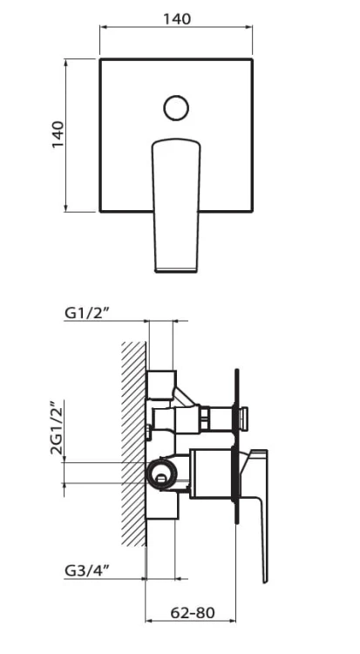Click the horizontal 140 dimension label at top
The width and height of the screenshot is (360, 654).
click(x=176, y=19)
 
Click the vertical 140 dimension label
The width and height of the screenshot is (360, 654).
click(x=58, y=134)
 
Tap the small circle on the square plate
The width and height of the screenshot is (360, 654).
click(x=176, y=108)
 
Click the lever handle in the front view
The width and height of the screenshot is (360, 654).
click(x=176, y=205)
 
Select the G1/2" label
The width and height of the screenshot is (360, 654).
click(x=87, y=313)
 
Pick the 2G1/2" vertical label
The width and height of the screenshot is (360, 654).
click(x=58, y=427)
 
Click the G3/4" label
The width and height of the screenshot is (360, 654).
click(x=87, y=570)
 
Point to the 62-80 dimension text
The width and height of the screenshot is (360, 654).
click(x=193, y=613)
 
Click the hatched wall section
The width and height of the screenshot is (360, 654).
click(x=134, y=444)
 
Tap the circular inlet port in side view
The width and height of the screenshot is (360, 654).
click(x=161, y=473)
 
